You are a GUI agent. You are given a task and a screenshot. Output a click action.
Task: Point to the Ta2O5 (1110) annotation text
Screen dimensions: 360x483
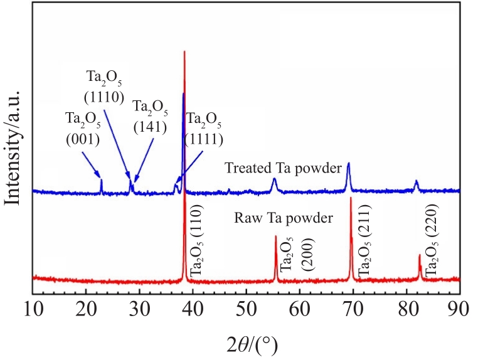pyautogui.click(x=103, y=87)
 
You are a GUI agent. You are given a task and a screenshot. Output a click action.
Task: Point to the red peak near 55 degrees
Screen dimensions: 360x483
pyautogui.click(x=276, y=237)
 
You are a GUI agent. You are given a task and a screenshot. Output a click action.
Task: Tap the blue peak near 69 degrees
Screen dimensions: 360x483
pyautogui.click(x=349, y=164)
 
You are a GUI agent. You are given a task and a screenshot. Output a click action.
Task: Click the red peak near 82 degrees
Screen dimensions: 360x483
pyautogui.click(x=420, y=255)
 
